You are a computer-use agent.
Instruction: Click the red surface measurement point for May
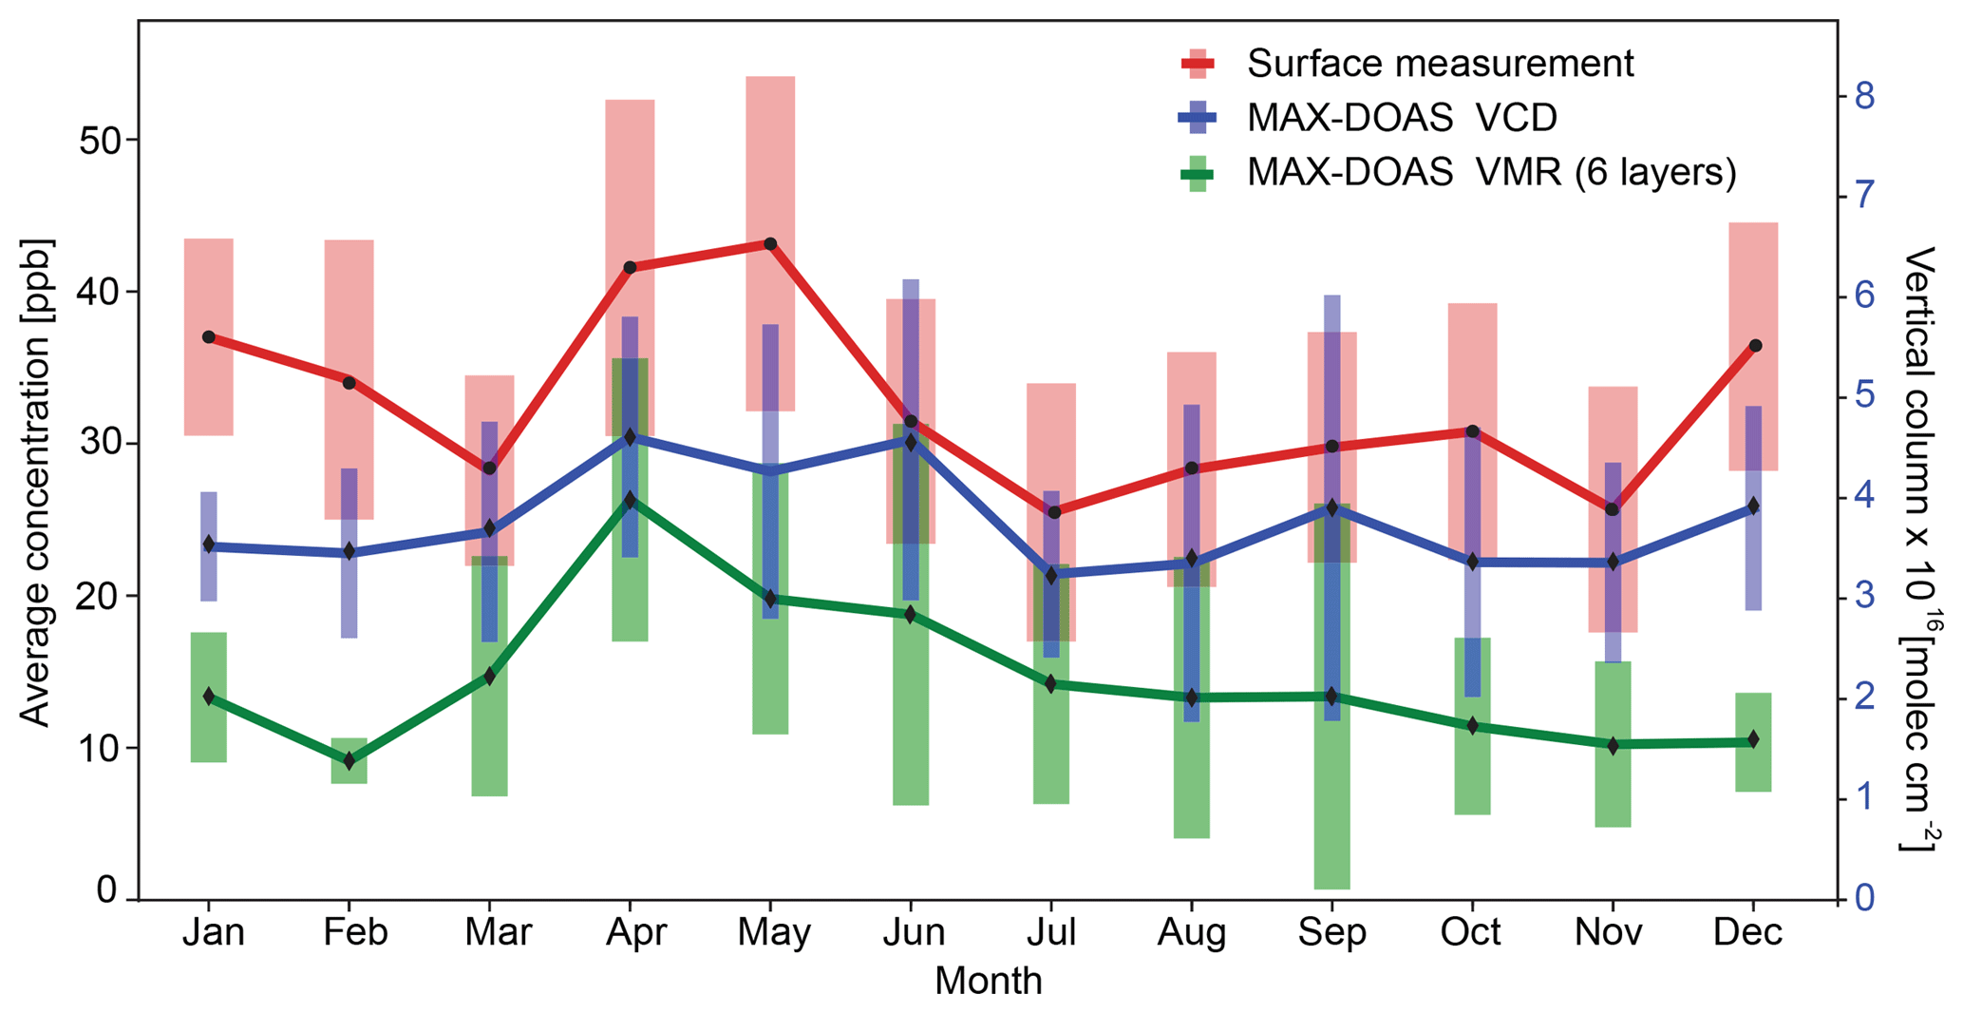[x=770, y=244]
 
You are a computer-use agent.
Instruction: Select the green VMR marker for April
[x=630, y=500]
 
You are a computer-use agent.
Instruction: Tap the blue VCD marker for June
[x=911, y=442]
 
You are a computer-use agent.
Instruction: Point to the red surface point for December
[x=1755, y=346]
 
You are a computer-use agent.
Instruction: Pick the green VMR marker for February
[x=349, y=761]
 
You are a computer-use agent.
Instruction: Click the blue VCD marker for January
[x=209, y=545]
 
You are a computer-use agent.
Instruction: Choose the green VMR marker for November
[x=1613, y=745]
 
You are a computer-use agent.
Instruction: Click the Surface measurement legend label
[x=1440, y=64]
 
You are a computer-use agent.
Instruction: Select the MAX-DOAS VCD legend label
[x=1402, y=118]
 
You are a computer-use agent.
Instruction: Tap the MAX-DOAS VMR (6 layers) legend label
[x=1491, y=172]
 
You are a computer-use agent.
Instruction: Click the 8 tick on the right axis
[x=1862, y=96]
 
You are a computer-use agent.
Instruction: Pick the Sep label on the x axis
[x=1331, y=932]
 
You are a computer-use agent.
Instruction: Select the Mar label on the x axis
[x=497, y=932]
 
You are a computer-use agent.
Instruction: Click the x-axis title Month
[x=988, y=981]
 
